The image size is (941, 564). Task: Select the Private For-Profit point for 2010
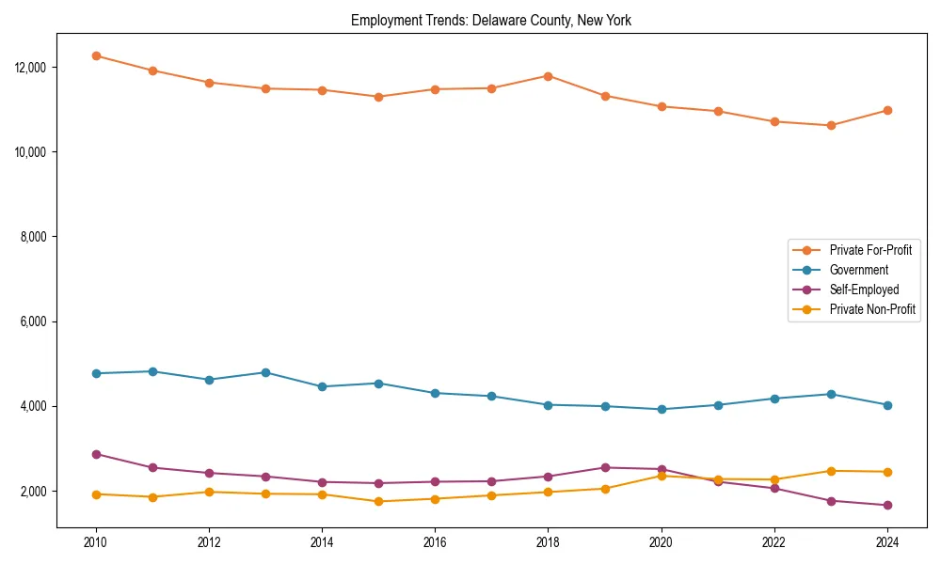[96, 55]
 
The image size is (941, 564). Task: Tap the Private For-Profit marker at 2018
[549, 76]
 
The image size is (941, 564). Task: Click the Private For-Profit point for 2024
[887, 110]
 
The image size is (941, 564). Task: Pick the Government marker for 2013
[265, 372]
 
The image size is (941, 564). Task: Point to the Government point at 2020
[662, 409]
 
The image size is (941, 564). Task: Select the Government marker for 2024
[887, 405]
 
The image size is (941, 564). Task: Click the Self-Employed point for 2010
[96, 454]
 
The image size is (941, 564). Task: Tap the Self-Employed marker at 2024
[887, 505]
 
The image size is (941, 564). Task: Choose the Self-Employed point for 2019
[605, 467]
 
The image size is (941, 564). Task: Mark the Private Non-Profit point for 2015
[378, 501]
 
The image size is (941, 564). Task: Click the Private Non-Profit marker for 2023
[831, 471]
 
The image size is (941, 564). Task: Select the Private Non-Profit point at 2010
[96, 493]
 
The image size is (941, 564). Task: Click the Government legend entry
[858, 270]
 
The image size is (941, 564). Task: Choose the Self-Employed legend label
[864, 290]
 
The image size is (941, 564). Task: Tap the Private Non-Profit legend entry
[872, 309]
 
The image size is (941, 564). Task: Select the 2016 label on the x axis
[435, 542]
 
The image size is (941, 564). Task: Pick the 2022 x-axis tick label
[774, 542]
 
